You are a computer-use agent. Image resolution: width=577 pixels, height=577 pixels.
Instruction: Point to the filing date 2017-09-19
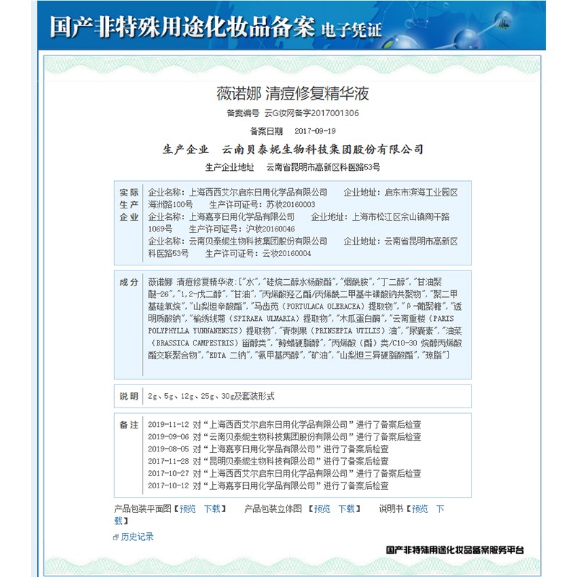click(315, 131)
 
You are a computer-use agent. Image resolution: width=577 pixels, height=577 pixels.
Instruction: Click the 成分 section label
click(128, 282)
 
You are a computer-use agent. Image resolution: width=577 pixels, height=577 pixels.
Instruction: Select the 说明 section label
click(128, 396)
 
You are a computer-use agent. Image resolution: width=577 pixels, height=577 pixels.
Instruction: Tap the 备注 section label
click(128, 425)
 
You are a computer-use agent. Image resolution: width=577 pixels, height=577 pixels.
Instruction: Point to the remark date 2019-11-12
click(168, 425)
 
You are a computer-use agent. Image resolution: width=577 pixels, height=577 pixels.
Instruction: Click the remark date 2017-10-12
click(168, 486)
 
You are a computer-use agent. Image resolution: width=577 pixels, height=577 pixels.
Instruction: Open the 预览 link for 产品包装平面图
click(188, 508)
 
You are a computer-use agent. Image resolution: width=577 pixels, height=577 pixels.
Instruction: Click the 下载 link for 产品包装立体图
click(347, 508)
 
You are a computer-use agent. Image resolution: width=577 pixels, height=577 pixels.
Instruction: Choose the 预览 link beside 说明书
click(419, 508)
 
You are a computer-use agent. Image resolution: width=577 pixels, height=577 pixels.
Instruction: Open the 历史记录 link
click(137, 537)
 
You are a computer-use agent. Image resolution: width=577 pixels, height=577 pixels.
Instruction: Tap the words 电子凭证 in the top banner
click(352, 31)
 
